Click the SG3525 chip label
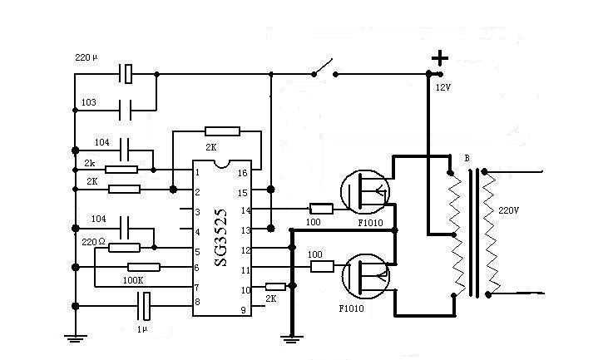click(220, 238)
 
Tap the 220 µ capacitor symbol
click(126, 74)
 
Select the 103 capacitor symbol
click(125, 110)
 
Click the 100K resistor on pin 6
click(143, 267)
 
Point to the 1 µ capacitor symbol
click(144, 306)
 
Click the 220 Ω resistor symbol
click(124, 248)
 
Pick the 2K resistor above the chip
click(222, 131)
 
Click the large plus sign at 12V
click(440, 58)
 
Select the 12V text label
click(442, 87)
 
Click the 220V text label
click(508, 210)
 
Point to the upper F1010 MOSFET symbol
click(364, 191)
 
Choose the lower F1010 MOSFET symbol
click(365, 276)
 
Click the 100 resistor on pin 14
click(321, 210)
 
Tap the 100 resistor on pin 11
click(322, 267)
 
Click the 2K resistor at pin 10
click(275, 287)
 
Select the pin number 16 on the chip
click(242, 173)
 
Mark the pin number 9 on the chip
click(243, 310)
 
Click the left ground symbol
click(75, 338)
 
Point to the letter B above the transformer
click(467, 159)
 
